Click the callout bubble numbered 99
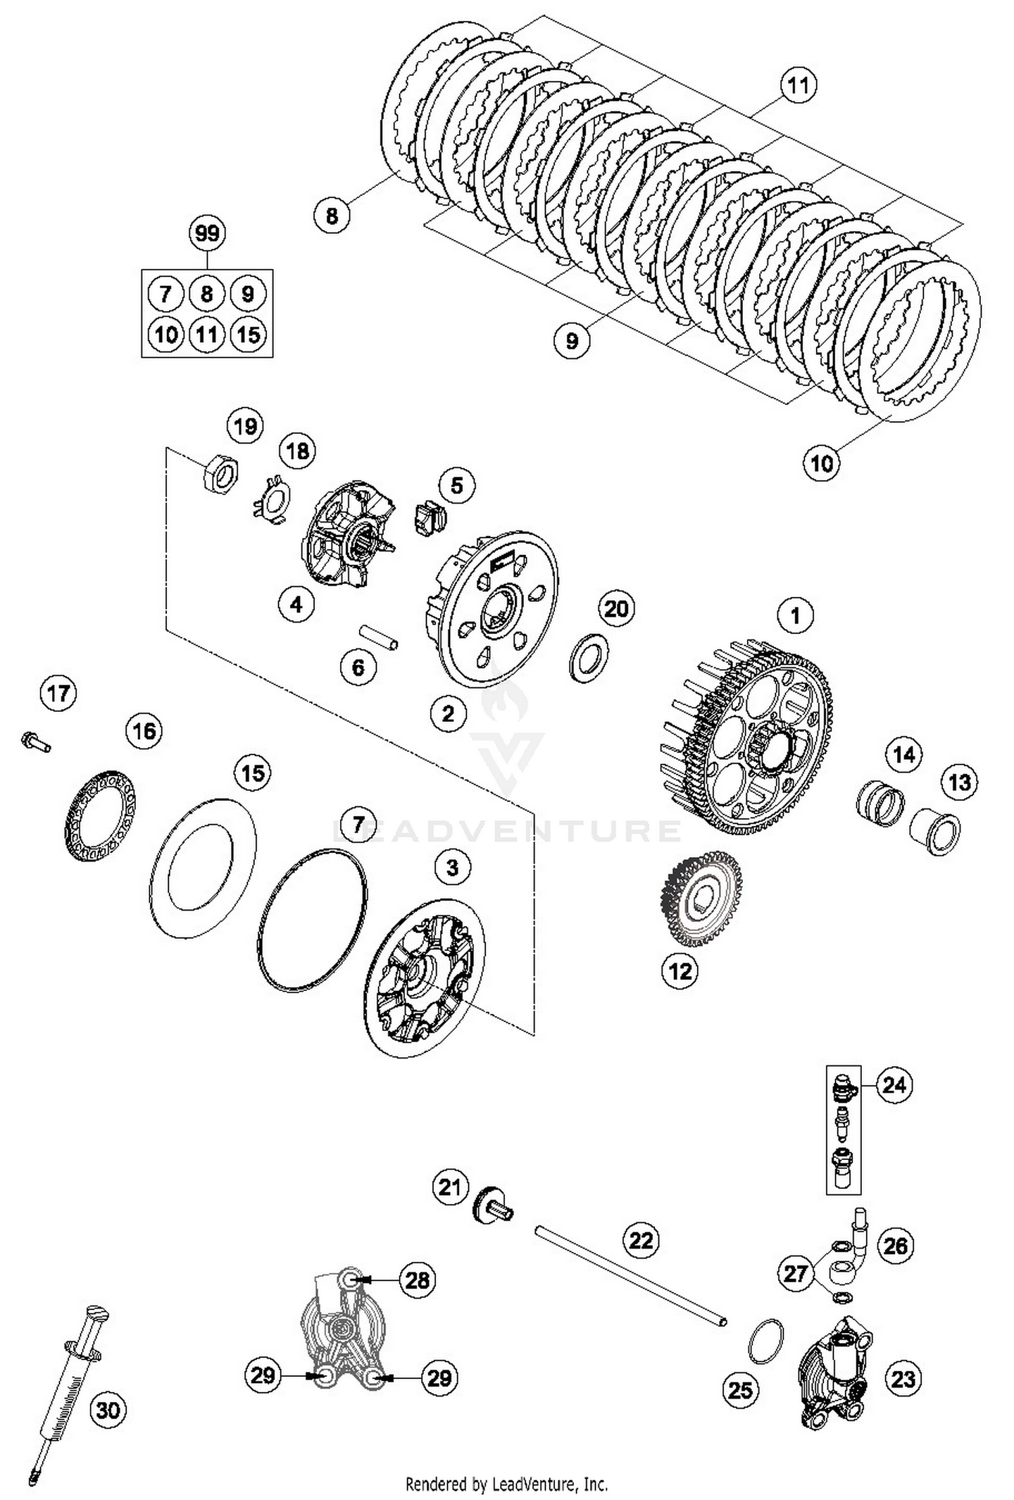click(207, 234)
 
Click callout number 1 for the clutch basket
click(796, 616)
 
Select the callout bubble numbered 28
click(417, 1280)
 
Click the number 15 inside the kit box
click(249, 335)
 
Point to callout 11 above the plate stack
click(798, 86)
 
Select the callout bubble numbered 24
click(894, 1085)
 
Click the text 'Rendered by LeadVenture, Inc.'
click(506, 1484)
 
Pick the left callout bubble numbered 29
click(264, 1375)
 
